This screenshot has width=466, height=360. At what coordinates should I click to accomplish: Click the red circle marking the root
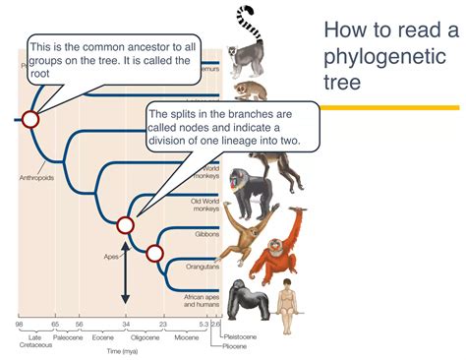tap(29, 120)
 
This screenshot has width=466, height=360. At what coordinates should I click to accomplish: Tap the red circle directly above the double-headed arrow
tap(126, 225)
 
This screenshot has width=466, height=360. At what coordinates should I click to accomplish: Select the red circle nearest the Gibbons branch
tap(154, 253)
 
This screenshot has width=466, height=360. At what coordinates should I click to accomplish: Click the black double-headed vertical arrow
tap(126, 271)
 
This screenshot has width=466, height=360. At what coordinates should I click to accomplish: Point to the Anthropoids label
tap(34, 178)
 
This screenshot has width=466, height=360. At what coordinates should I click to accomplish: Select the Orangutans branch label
tap(201, 265)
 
